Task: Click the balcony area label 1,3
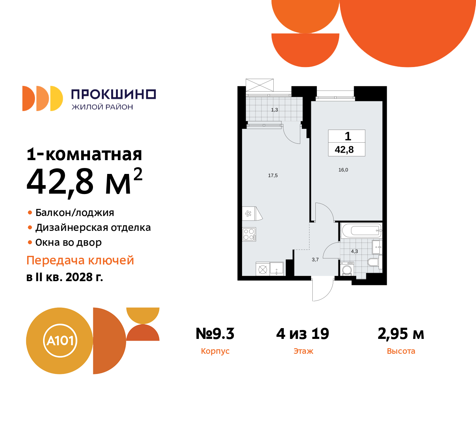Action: [274, 110]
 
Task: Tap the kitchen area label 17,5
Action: [273, 175]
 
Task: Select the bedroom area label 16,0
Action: [343, 170]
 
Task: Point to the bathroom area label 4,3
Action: [354, 251]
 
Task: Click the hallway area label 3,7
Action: [315, 260]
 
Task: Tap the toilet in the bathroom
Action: [373, 262]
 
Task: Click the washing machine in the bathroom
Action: [347, 269]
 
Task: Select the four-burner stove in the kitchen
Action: [249, 234]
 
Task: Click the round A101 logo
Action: [59, 341]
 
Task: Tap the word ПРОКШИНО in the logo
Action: [113, 94]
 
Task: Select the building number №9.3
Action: [215, 334]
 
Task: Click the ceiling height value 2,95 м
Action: [401, 334]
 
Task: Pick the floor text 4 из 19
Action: [303, 334]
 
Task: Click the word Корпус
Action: [215, 351]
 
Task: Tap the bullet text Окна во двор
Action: [68, 242]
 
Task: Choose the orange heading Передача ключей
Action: [80, 260]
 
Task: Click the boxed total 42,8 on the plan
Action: [344, 150]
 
